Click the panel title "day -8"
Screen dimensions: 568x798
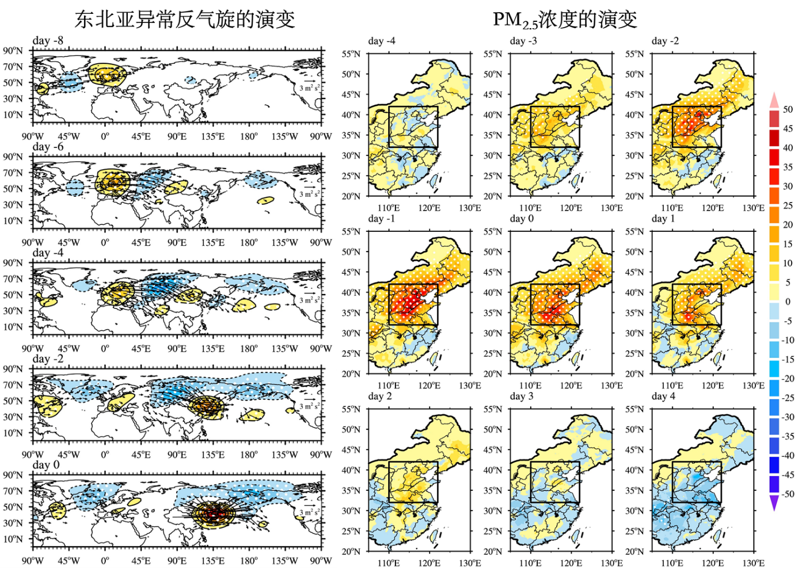coord(48,41)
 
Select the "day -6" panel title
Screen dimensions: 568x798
coord(48,147)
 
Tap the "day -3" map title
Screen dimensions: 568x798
coord(523,41)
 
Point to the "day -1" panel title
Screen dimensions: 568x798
coord(382,219)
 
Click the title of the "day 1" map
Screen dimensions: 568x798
coord(663,219)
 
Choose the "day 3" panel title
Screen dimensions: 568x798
coord(522,397)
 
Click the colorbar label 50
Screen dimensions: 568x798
coord(788,109)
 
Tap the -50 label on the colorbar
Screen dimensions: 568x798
coord(786,494)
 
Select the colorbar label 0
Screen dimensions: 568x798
coord(788,302)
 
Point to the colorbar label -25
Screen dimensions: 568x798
coord(786,398)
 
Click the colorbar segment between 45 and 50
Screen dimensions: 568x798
coord(774,119)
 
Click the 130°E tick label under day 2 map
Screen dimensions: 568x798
coord(470,563)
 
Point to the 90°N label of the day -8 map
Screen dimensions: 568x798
coord(13,51)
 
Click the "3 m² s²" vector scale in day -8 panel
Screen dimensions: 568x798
coord(309,87)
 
